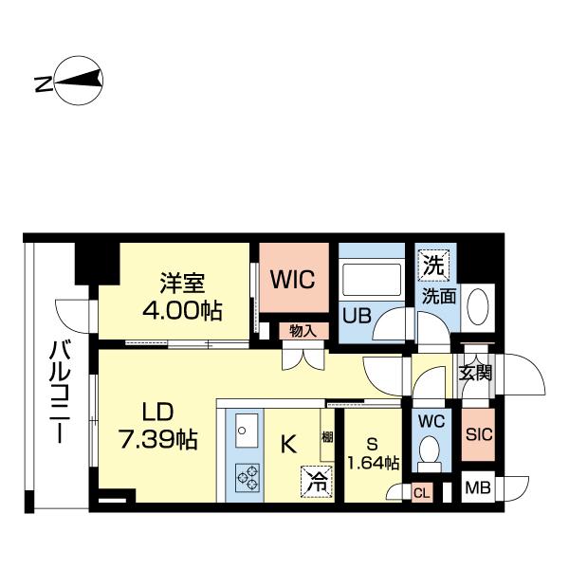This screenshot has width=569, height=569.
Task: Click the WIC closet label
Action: (x=293, y=280)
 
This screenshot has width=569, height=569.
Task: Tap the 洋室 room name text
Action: (x=182, y=283)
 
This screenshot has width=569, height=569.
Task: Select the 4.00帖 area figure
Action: (x=182, y=311)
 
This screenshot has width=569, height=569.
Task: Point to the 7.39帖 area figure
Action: (x=158, y=439)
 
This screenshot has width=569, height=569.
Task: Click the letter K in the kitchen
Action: (x=289, y=444)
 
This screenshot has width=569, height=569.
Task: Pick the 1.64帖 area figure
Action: (x=374, y=463)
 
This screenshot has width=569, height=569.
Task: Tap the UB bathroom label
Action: (x=357, y=315)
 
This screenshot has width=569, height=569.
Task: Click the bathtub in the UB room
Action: (x=372, y=280)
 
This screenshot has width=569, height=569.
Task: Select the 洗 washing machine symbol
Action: (x=434, y=266)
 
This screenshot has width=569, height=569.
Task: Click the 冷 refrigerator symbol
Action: (x=317, y=482)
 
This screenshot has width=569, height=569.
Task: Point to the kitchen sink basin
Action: (x=247, y=430)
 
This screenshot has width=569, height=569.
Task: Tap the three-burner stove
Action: (x=248, y=477)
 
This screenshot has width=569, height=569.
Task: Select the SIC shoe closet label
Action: (x=479, y=434)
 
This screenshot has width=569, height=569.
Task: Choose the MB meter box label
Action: (x=478, y=487)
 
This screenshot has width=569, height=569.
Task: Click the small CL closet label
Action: (x=422, y=493)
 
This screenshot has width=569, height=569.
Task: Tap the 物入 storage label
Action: (x=303, y=331)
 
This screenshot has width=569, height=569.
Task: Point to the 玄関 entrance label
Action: (x=475, y=373)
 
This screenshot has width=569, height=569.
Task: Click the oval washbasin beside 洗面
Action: (x=478, y=306)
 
